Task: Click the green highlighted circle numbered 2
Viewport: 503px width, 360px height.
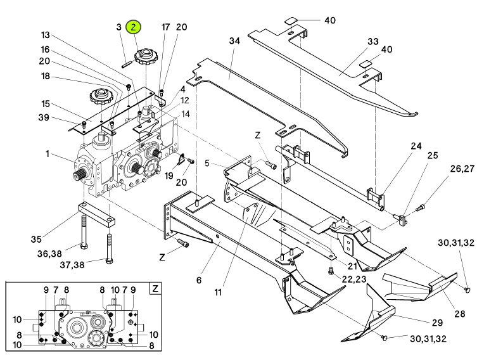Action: (x=134, y=27)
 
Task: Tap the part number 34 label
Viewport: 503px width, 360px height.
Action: (x=234, y=41)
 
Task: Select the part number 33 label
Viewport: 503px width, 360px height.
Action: (x=373, y=41)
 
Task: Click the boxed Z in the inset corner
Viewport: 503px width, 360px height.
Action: (x=155, y=289)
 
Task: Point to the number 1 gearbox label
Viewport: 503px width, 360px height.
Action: (x=48, y=154)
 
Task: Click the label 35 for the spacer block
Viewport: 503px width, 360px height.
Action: (x=36, y=239)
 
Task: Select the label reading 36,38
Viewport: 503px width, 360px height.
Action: (x=49, y=254)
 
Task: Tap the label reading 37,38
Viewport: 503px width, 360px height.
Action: (x=72, y=265)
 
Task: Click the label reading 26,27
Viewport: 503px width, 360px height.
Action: (x=462, y=169)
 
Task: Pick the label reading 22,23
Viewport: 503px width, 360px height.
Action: (x=354, y=279)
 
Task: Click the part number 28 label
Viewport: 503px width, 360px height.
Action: (x=460, y=314)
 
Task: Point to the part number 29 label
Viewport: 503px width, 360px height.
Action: (x=437, y=323)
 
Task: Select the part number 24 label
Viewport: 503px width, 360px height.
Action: (x=416, y=146)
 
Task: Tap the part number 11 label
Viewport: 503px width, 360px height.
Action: (x=218, y=292)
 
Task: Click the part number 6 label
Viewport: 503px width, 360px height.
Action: (x=199, y=280)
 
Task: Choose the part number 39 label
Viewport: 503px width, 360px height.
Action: (x=44, y=117)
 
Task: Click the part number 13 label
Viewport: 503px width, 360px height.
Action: (x=46, y=35)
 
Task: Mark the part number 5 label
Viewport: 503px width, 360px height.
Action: (x=207, y=164)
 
